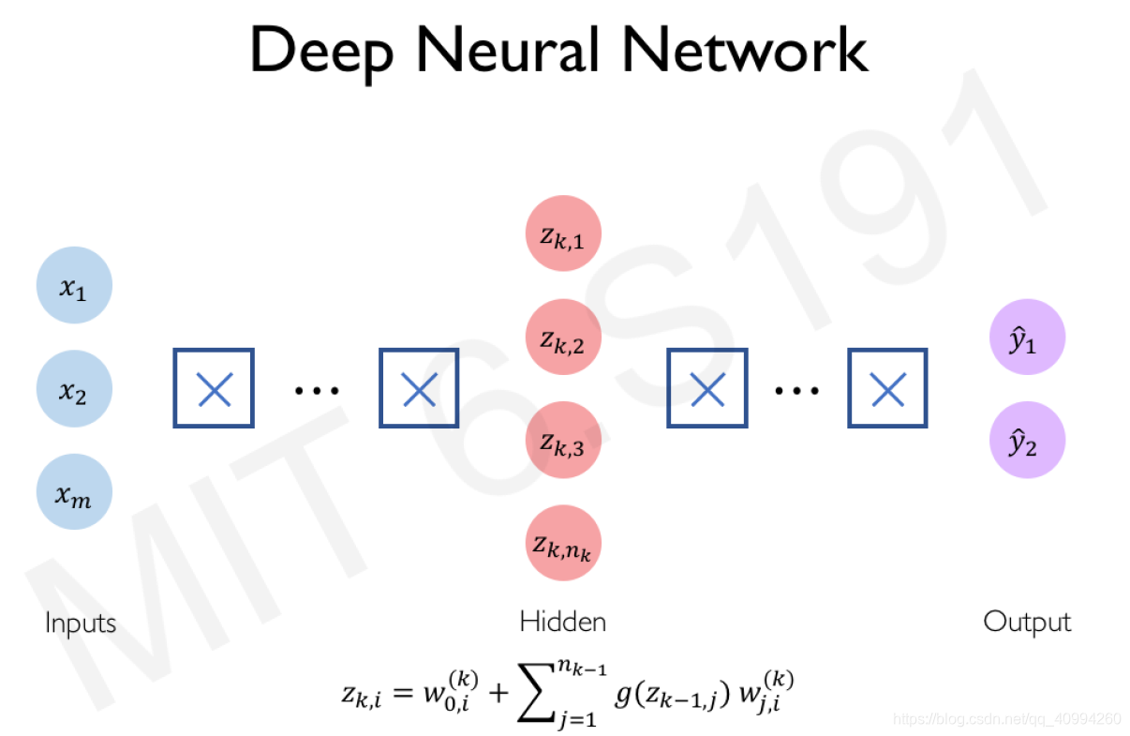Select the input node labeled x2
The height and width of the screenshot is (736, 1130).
(74, 389)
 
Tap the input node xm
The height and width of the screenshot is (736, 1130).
(74, 492)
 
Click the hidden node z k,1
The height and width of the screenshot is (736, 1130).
(563, 234)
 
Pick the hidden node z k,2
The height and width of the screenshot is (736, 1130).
(563, 338)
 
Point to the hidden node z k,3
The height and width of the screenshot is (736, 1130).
(563, 441)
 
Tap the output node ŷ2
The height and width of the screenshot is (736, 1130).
(1027, 441)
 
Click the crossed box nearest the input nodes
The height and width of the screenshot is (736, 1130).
(214, 389)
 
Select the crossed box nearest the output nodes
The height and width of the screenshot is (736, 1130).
(887, 389)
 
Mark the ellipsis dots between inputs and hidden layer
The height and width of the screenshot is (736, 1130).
(317, 389)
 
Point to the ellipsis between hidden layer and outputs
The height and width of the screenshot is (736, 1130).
(796, 389)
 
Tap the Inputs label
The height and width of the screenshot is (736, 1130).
(81, 623)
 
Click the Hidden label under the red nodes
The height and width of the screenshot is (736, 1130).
(562, 621)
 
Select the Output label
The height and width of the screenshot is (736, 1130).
(1027, 622)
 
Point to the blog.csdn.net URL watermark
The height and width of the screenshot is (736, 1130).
(1006, 719)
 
